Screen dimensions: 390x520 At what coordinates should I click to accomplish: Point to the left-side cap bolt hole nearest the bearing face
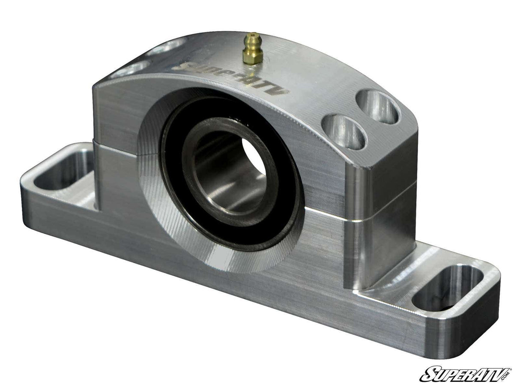[129, 69]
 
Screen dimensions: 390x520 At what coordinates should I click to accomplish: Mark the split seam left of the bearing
[116, 148]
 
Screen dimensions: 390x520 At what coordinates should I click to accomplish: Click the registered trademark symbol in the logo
[510, 369]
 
